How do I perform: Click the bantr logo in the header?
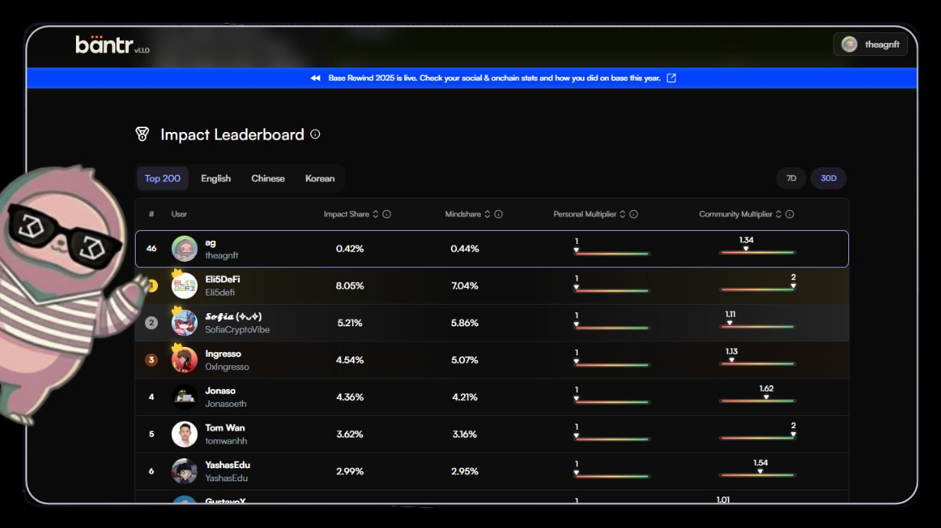[x=104, y=45]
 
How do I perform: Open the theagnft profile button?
[x=870, y=45]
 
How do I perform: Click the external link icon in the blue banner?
[x=671, y=78]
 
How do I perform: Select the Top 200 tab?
[x=163, y=178]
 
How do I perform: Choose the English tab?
[x=216, y=178]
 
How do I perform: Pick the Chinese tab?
[x=268, y=178]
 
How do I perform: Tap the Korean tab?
[x=320, y=178]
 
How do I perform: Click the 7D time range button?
[x=791, y=178]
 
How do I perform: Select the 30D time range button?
[x=828, y=178]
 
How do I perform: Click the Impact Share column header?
[x=347, y=214]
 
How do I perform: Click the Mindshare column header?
[x=462, y=214]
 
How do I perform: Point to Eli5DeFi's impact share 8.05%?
[x=350, y=285]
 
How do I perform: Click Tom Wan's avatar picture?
[x=184, y=434]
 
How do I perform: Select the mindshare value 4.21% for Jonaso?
[x=465, y=397]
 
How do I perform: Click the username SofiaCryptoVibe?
[x=237, y=329]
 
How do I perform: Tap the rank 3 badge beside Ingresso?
[x=151, y=360]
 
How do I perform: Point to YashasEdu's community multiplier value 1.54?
[x=760, y=463]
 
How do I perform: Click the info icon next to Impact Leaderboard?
[x=314, y=134]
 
